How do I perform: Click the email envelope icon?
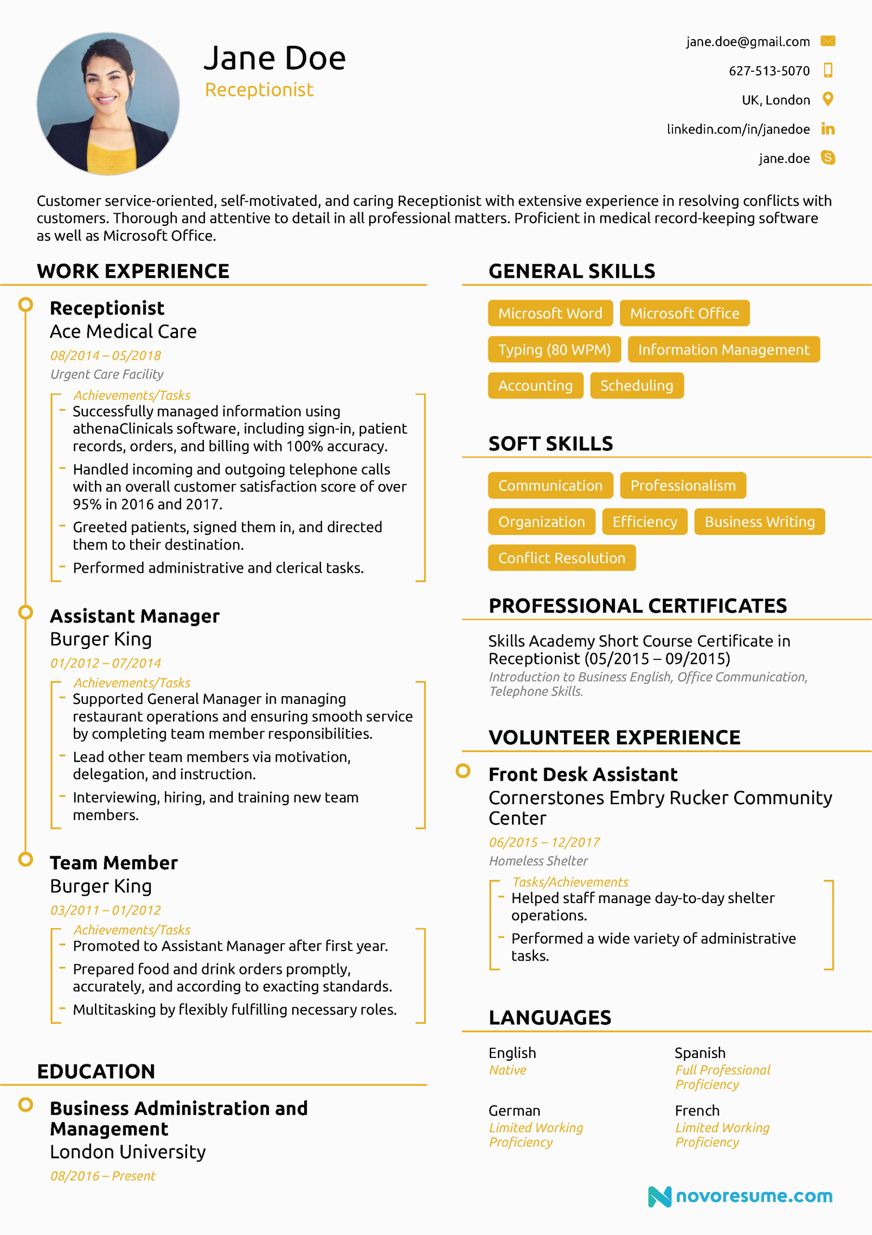(827, 41)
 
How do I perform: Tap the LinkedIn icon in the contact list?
(827, 129)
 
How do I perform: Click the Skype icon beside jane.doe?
(827, 158)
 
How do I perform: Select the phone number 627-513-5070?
(768, 71)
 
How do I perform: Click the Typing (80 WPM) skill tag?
(554, 350)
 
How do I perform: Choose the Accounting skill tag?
(535, 385)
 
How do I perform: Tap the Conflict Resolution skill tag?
(561, 558)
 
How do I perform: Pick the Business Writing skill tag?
(759, 522)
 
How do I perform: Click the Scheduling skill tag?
(637, 385)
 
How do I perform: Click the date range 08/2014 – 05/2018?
(106, 356)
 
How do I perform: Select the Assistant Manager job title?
(134, 616)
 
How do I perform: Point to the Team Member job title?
(113, 863)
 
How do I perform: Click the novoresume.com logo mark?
(659, 1196)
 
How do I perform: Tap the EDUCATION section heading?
(96, 1071)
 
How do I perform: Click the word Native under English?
(507, 1070)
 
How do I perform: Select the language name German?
(514, 1111)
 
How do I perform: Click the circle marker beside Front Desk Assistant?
(462, 771)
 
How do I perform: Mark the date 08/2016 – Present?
(103, 1176)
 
